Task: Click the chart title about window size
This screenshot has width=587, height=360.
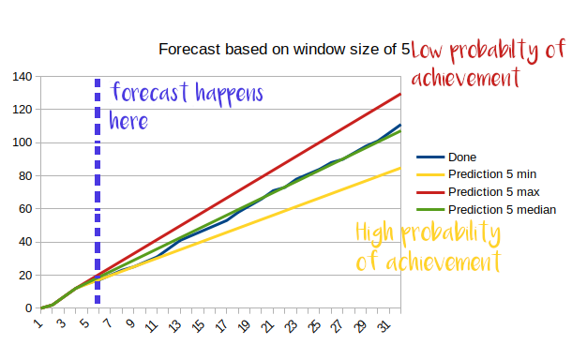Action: pyautogui.click(x=283, y=50)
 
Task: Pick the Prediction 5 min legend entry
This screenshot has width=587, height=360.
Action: pyautogui.click(x=491, y=174)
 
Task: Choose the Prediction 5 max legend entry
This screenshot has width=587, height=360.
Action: pyautogui.click(x=493, y=192)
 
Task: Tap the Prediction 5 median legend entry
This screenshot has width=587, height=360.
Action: pyautogui.click(x=502, y=209)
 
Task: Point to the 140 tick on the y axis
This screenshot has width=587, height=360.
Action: pyautogui.click(x=21, y=76)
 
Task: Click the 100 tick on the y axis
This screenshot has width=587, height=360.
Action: pyautogui.click(x=21, y=142)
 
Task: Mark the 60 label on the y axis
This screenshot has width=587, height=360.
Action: pyautogui.click(x=23, y=209)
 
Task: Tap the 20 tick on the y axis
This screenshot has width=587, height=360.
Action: pyautogui.click(x=23, y=275)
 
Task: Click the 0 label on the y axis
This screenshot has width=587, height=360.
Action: pyautogui.click(x=27, y=307)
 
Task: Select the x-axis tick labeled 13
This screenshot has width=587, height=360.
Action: pyautogui.click(x=173, y=325)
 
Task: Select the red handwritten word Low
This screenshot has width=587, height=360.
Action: pyautogui.click(x=430, y=52)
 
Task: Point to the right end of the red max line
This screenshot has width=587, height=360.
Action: pyautogui.click(x=400, y=94)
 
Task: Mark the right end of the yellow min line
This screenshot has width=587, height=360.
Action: pyautogui.click(x=400, y=168)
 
